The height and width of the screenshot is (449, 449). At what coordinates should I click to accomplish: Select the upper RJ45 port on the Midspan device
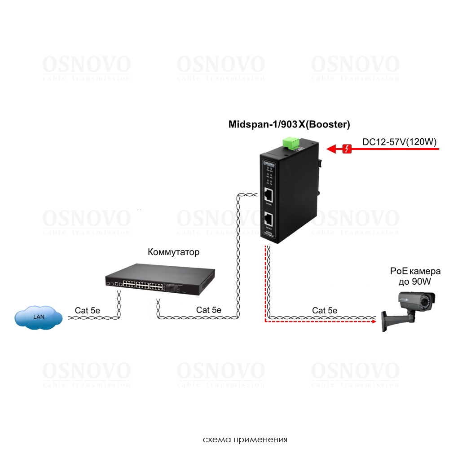(269, 195)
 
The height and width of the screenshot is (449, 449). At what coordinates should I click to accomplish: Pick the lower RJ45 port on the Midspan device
(269, 220)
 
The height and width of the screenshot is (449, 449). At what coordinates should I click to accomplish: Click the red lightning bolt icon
(348, 149)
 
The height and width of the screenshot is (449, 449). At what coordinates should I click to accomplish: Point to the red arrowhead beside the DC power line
(331, 149)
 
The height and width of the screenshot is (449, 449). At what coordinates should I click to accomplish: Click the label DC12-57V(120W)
(399, 142)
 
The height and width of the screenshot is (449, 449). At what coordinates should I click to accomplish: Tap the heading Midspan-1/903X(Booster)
(289, 124)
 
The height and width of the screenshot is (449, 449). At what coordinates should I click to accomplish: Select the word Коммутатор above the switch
(173, 252)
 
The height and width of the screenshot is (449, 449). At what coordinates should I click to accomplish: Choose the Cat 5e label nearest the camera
(325, 310)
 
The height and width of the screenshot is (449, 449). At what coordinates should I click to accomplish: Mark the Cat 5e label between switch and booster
(209, 310)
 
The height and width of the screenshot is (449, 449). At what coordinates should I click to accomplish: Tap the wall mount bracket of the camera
(388, 320)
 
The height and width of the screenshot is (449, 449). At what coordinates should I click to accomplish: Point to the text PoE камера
(415, 272)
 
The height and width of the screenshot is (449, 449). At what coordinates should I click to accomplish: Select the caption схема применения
(245, 439)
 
